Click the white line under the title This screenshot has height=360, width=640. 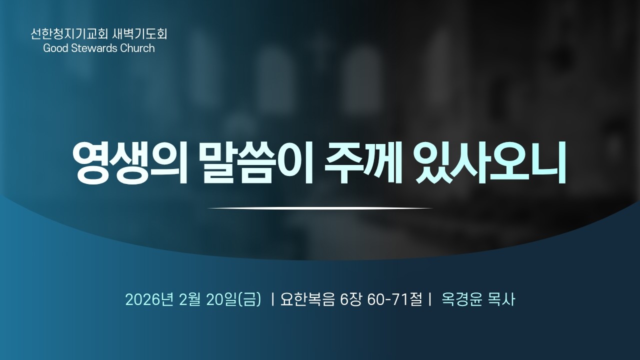pos(320,208)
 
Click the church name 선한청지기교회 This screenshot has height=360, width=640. pos(65,34)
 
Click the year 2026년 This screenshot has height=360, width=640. pos(149,300)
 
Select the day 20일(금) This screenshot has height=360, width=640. pos(233,300)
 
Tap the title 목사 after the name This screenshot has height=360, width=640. pos(501,300)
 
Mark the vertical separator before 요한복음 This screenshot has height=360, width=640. pos(272,300)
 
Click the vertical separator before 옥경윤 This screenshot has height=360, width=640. pos(430,300)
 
